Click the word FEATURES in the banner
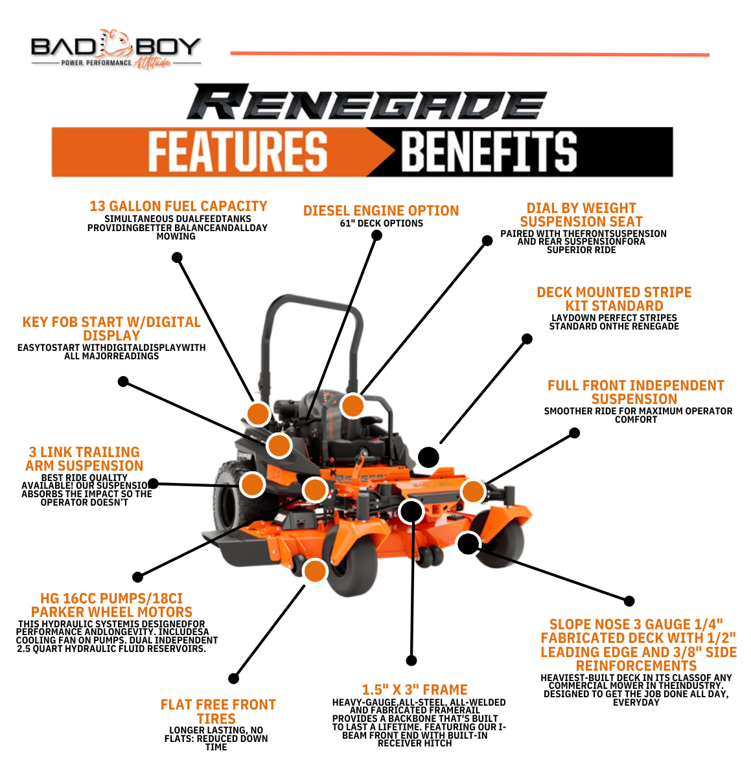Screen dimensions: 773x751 point(237,151)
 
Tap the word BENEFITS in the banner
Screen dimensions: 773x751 point(489,151)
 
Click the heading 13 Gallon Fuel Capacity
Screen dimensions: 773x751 point(178,206)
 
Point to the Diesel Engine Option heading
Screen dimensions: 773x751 point(381,210)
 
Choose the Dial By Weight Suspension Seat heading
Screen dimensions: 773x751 point(581,215)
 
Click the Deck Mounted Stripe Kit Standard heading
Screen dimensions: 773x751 point(614,299)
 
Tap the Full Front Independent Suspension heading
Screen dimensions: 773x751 point(635,392)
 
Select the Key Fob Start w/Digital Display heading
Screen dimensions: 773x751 point(111,329)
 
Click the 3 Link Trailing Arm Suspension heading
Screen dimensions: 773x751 point(84,459)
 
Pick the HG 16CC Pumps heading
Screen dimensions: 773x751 point(111,605)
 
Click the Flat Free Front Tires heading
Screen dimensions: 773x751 point(218,711)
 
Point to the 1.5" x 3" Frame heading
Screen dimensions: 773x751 point(415,689)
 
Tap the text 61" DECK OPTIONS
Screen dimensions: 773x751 point(381,223)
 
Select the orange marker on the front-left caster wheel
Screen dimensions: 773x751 point(315,571)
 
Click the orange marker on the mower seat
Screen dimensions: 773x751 point(352,406)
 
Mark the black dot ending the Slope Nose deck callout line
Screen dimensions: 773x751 point(629,601)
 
